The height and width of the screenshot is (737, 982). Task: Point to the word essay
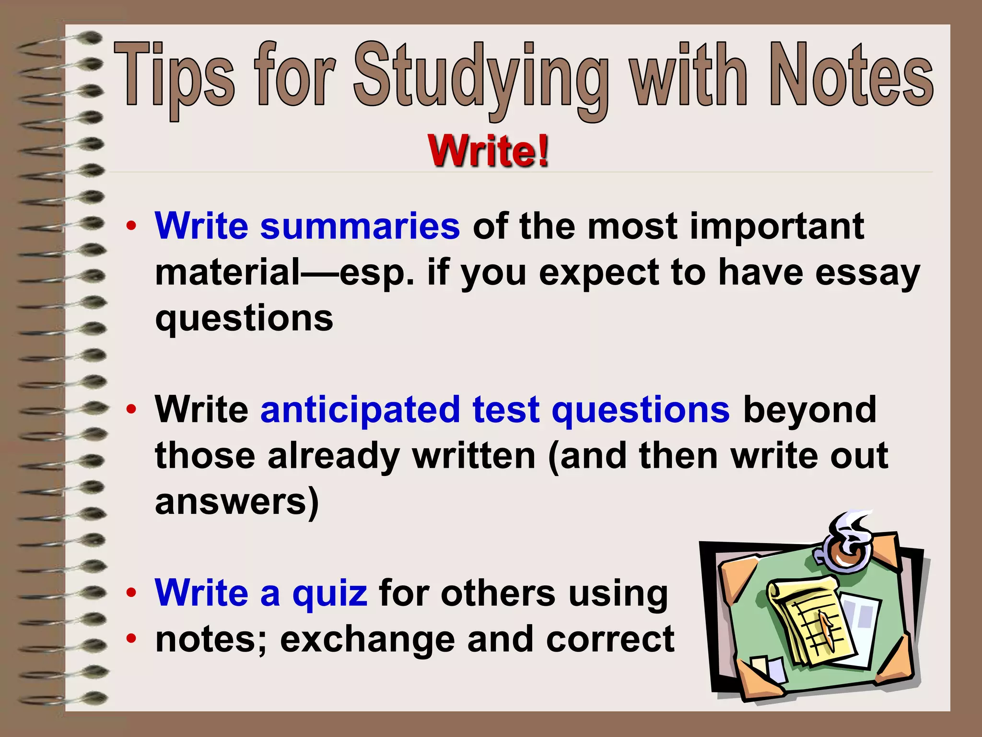(x=867, y=273)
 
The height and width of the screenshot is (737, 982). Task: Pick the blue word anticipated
(x=360, y=410)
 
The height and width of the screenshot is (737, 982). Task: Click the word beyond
(x=809, y=411)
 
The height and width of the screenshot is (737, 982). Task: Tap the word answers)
(x=237, y=502)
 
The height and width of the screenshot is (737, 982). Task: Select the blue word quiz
(x=330, y=594)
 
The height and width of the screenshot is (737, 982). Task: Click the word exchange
(x=367, y=639)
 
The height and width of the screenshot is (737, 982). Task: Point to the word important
(x=777, y=226)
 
